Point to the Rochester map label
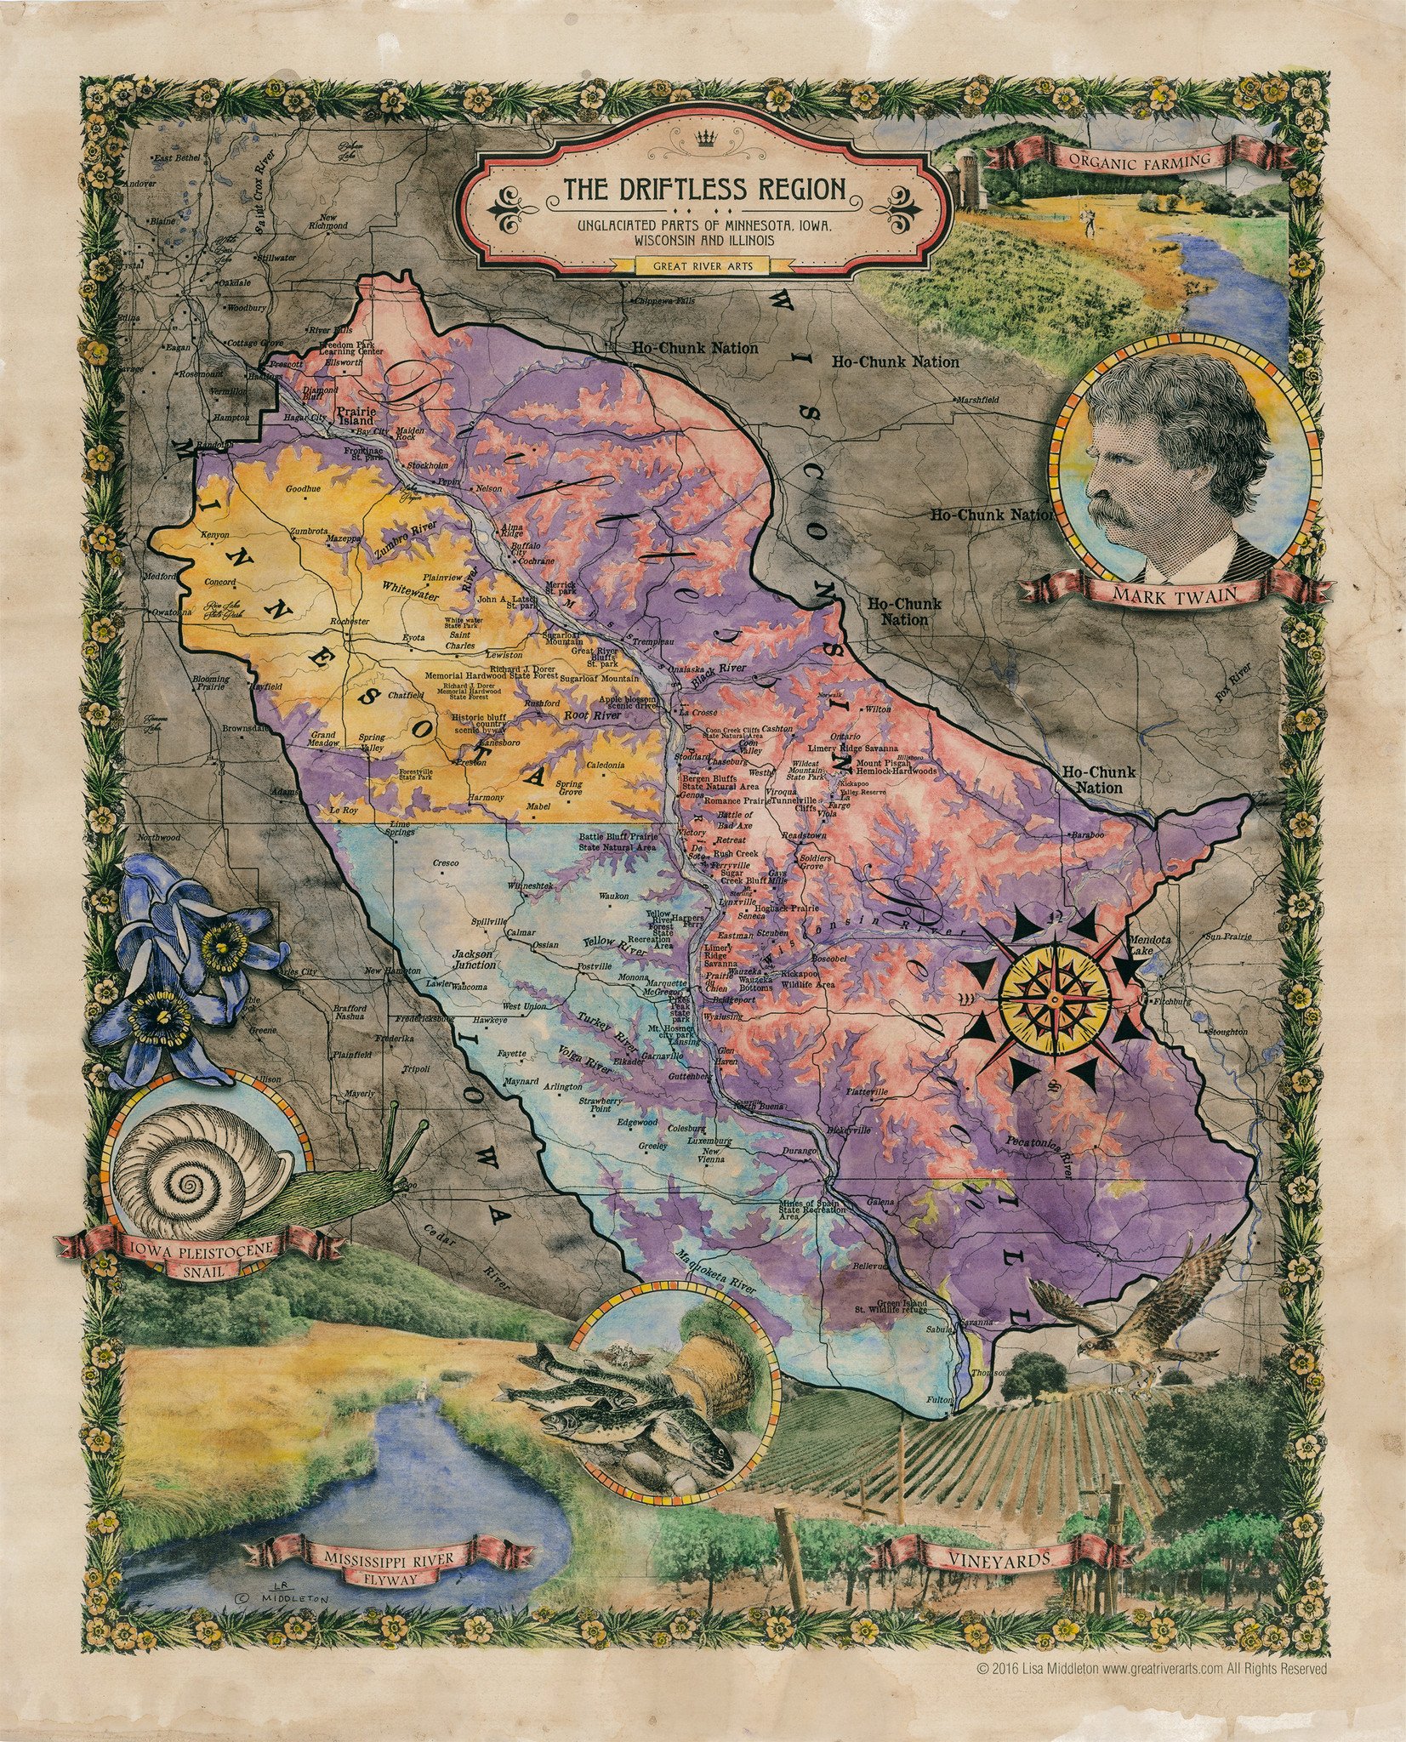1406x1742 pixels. (350, 622)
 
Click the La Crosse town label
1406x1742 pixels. (697, 712)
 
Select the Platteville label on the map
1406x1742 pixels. (867, 1090)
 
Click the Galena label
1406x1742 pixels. (880, 1202)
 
